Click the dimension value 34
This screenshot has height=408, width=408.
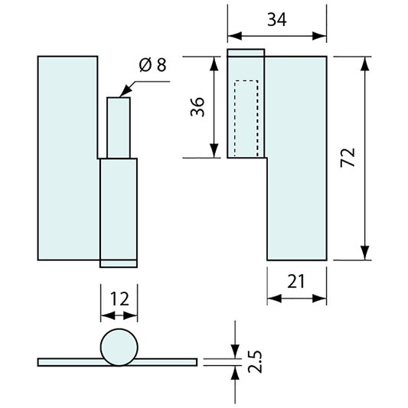coord(277,19)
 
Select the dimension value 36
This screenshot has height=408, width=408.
coord(197,106)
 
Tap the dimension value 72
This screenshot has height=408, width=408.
coord(348,157)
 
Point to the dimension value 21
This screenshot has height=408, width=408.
coord(295,281)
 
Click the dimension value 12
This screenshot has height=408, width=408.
coord(119,299)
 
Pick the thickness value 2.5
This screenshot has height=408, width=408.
coord(255,361)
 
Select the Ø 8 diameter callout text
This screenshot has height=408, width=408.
coord(153,65)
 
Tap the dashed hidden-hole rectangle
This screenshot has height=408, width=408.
coord(246,119)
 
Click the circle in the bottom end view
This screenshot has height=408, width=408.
coord(119,347)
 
